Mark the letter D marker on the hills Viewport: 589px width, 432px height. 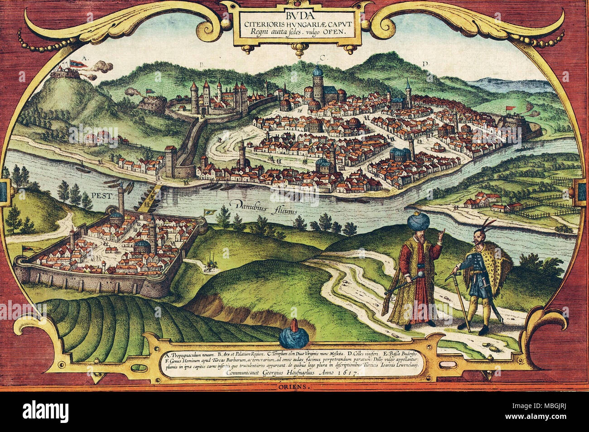[x=425, y=64]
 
